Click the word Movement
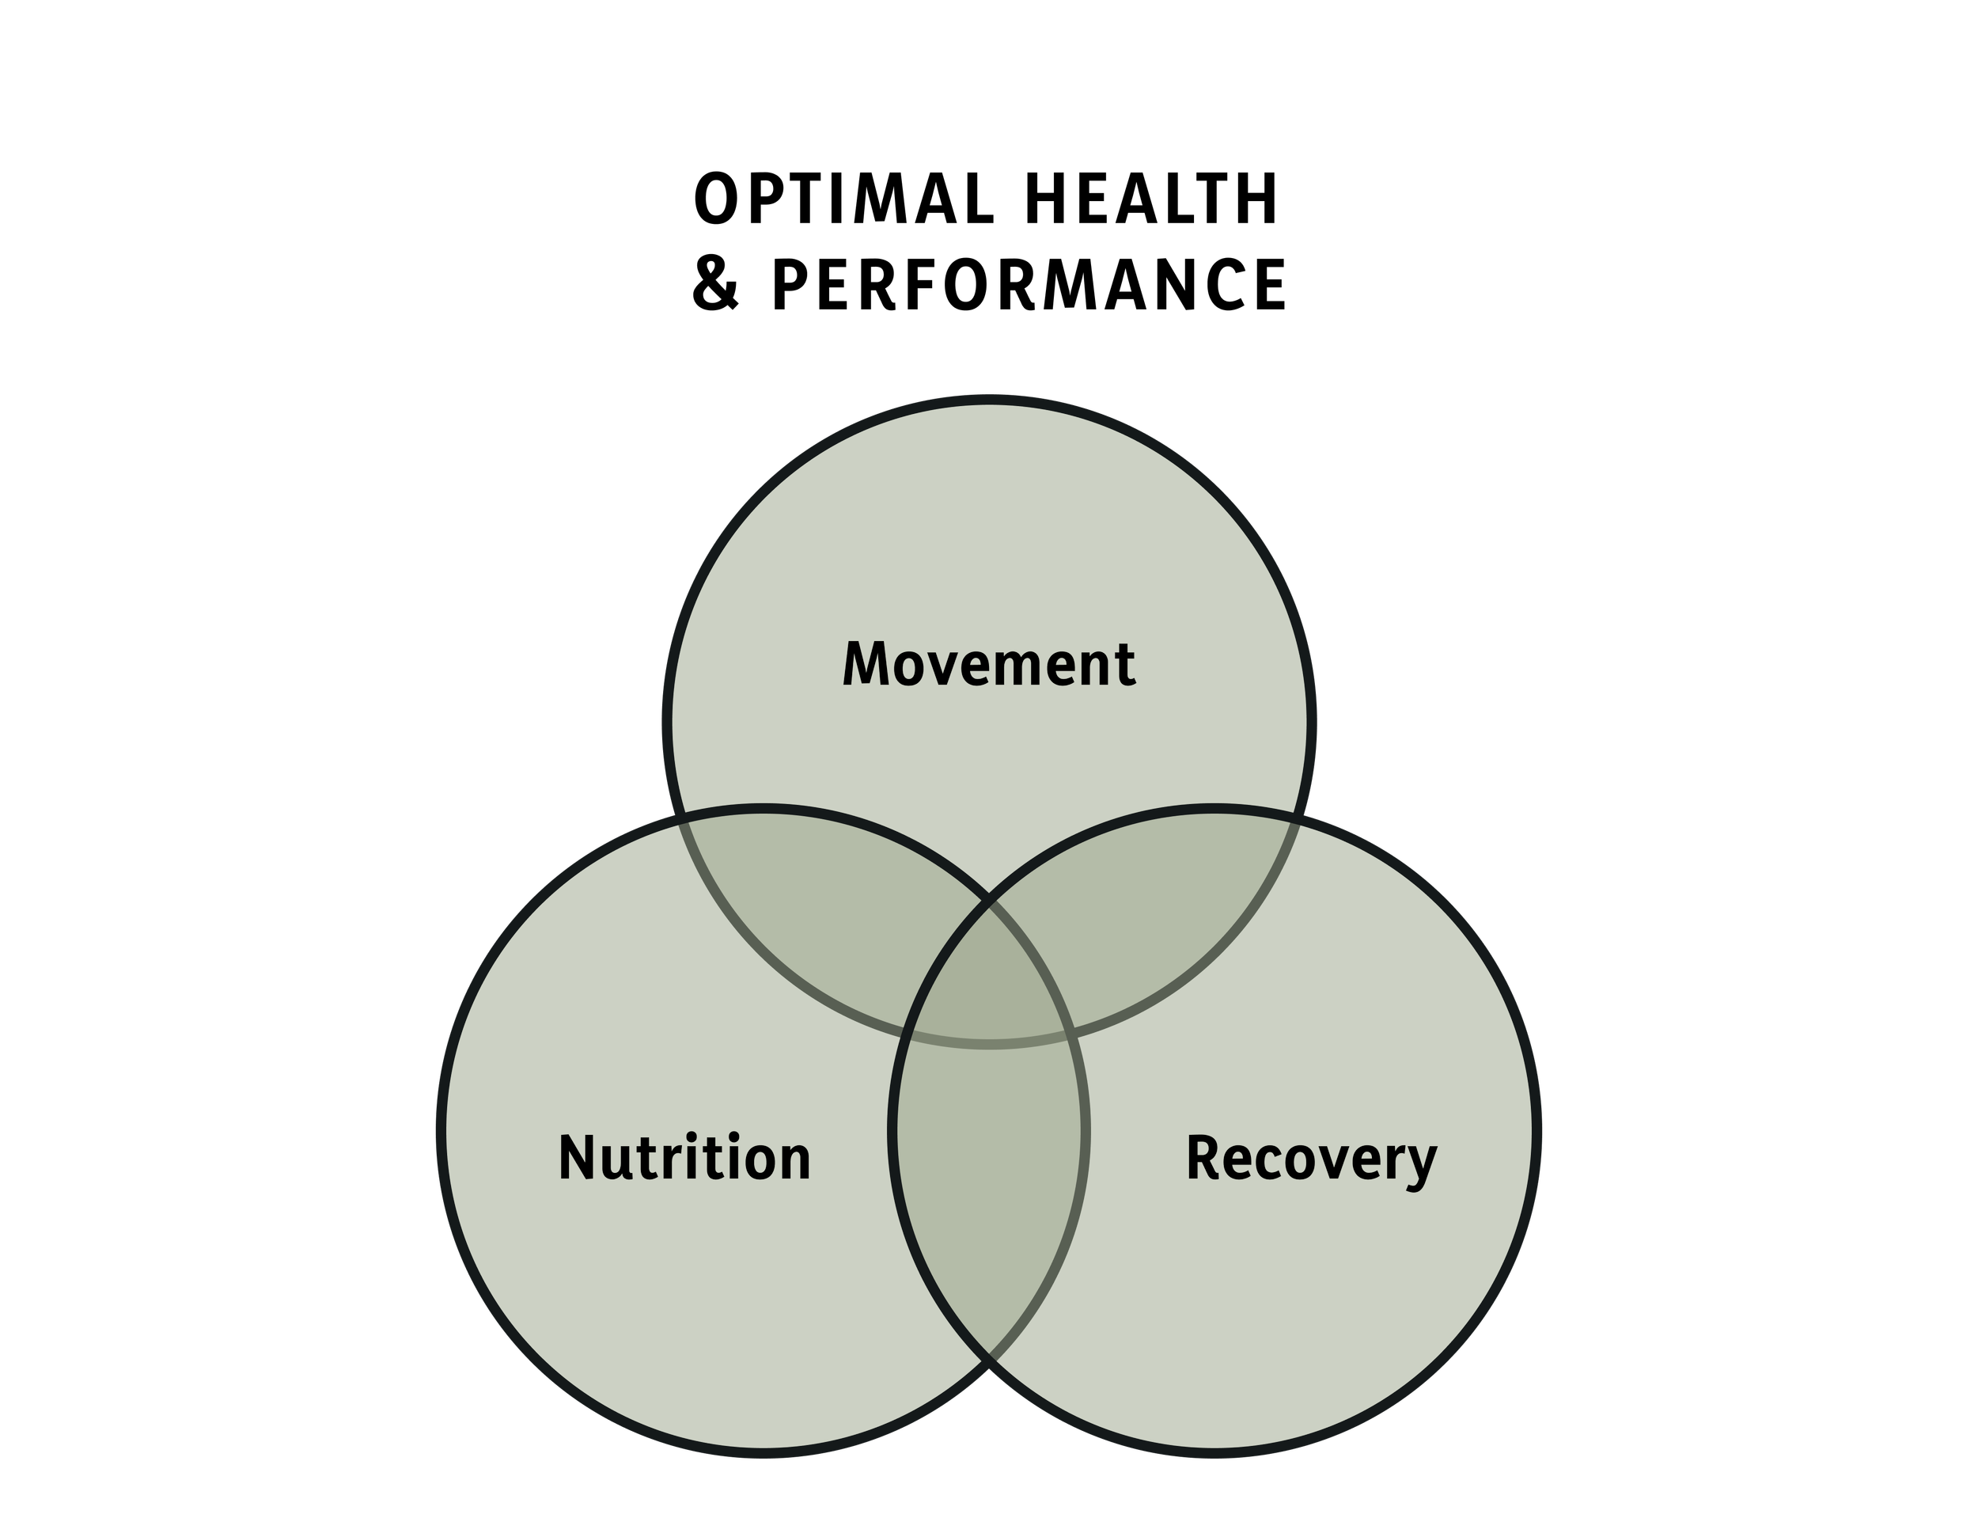(x=989, y=664)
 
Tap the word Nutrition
(x=684, y=1158)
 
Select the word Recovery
(x=1310, y=1158)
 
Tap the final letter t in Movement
(x=1125, y=666)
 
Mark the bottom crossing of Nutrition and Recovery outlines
(x=989, y=1361)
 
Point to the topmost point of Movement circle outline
(x=989, y=400)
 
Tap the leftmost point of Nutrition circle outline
(x=441, y=1130)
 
